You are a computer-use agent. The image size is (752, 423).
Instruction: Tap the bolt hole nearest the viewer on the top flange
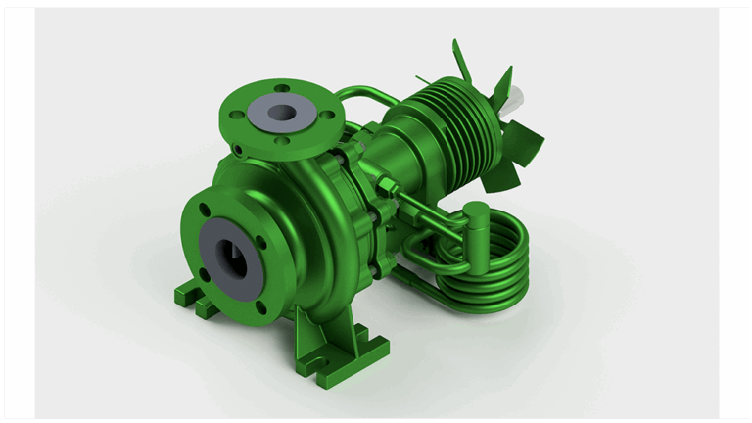click(283, 141)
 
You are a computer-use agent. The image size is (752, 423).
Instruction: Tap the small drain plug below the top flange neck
click(238, 151)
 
